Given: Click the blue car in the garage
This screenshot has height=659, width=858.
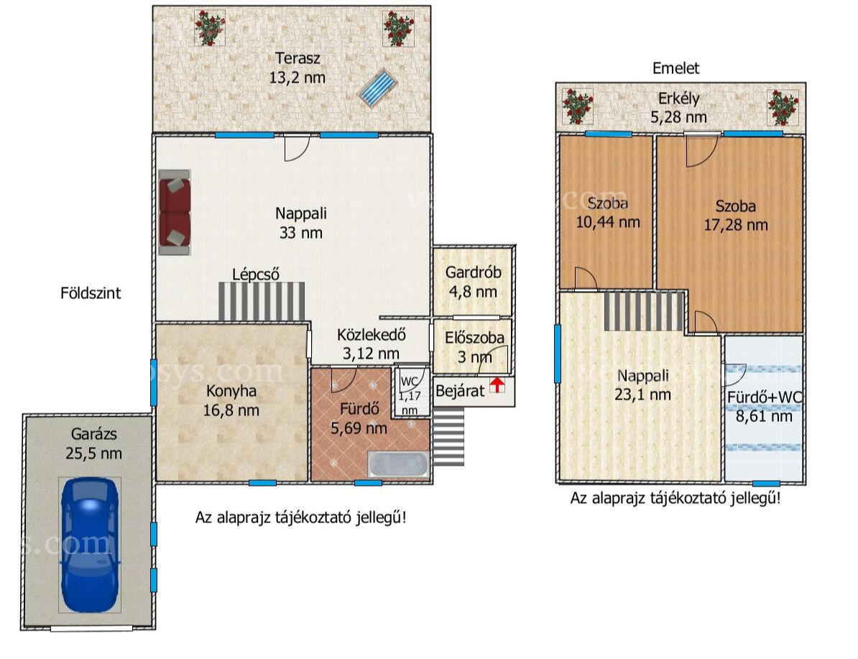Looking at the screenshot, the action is pyautogui.click(x=90, y=545).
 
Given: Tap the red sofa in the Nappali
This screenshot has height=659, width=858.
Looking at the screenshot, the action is pyautogui.click(x=175, y=213).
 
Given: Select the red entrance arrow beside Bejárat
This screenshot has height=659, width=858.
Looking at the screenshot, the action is pyautogui.click(x=497, y=384).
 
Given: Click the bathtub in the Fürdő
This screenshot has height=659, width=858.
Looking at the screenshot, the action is pyautogui.click(x=398, y=465).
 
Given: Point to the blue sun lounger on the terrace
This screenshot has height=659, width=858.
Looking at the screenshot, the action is pyautogui.click(x=377, y=88).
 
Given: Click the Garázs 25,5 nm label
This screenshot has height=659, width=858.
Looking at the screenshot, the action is pyautogui.click(x=93, y=444).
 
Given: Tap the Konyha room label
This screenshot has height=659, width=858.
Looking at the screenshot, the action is pyautogui.click(x=231, y=401).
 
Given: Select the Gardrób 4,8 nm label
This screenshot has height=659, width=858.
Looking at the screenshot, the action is pyautogui.click(x=474, y=282).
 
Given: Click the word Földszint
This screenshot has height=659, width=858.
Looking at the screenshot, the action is pyautogui.click(x=91, y=292).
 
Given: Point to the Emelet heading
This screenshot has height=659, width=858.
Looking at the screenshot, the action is pyautogui.click(x=675, y=68).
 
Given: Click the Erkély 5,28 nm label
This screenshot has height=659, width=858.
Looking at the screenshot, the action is pyautogui.click(x=678, y=108).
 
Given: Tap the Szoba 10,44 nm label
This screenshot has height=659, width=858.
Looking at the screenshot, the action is pyautogui.click(x=608, y=213).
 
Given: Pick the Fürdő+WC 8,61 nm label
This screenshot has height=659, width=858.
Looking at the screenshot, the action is pyautogui.click(x=765, y=407).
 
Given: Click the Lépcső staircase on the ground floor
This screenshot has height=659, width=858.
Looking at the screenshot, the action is pyautogui.click(x=262, y=301).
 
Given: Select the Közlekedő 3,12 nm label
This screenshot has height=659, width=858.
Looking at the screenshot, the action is pyautogui.click(x=372, y=344).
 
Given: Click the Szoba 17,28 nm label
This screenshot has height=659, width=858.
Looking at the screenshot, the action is pyautogui.click(x=736, y=215).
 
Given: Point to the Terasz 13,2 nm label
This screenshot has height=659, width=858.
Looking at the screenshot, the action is pyautogui.click(x=297, y=68).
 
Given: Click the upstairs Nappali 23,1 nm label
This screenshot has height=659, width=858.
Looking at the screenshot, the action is pyautogui.click(x=643, y=384).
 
